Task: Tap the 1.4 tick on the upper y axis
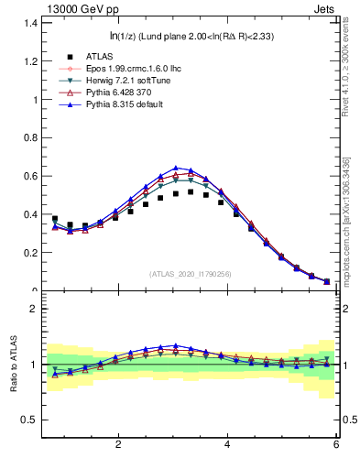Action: pos(30,21)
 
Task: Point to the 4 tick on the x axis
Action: pos(226,444)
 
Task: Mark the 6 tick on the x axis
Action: pos(335,444)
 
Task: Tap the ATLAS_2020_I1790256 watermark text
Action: pos(190,274)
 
